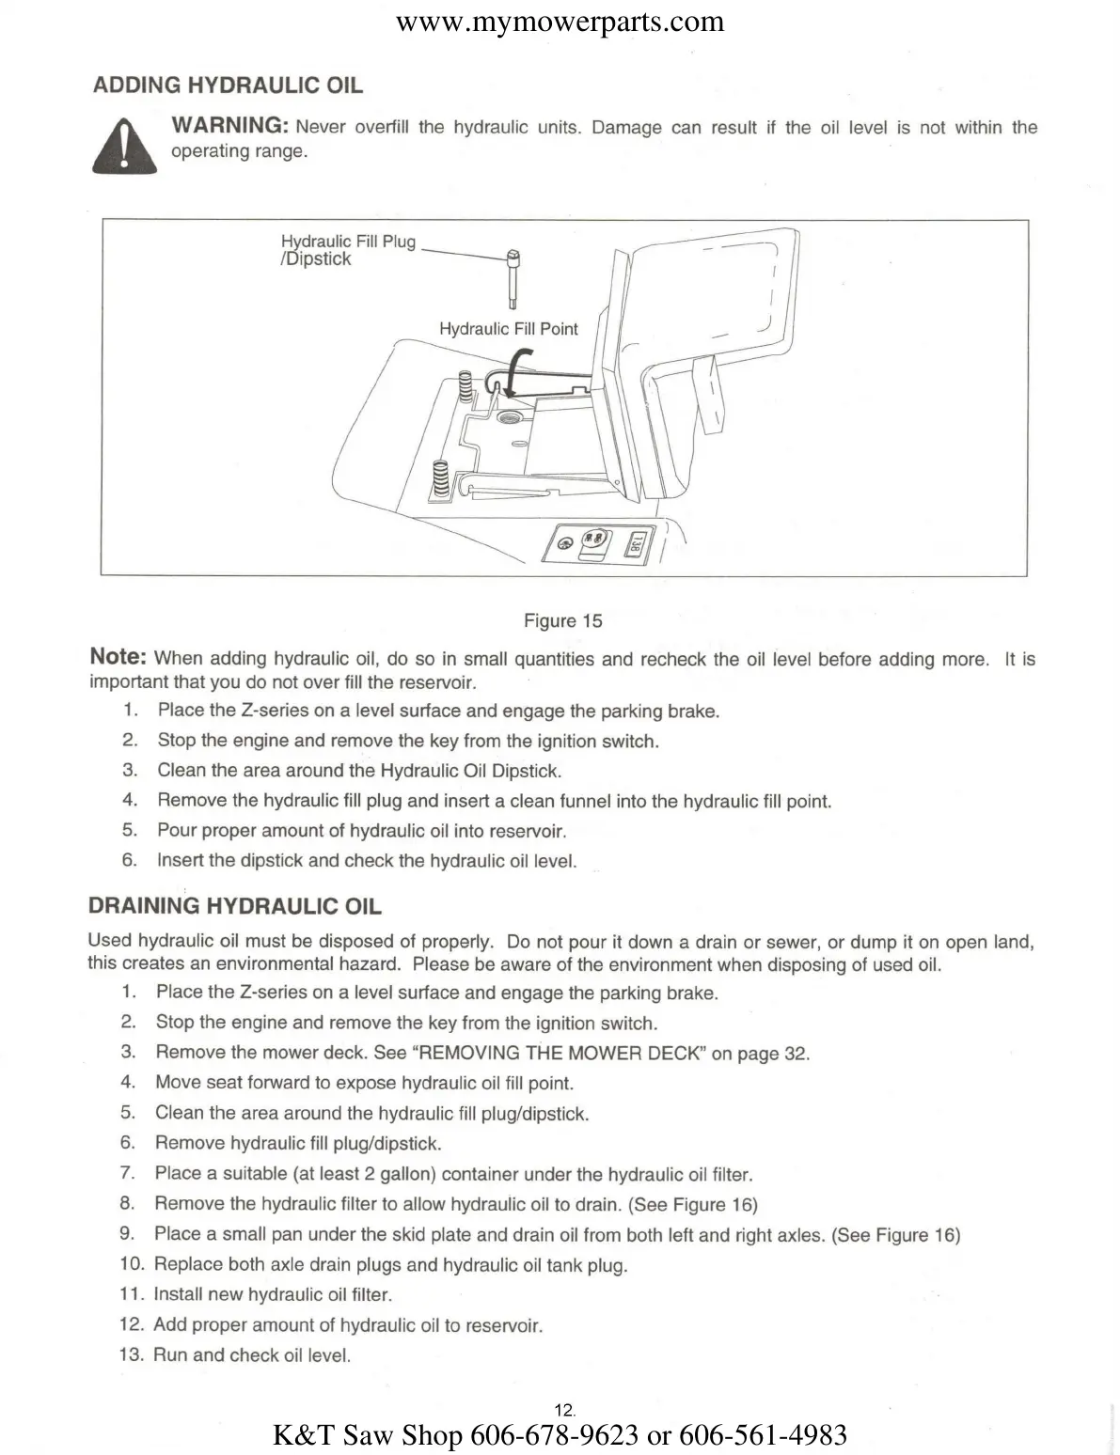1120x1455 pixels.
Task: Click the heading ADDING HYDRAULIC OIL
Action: coord(228,86)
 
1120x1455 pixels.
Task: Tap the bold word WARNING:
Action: coord(229,126)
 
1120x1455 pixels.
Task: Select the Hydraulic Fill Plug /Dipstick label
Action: coord(348,250)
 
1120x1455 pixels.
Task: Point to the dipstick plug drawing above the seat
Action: coord(513,278)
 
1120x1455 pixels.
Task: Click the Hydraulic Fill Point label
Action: coord(509,329)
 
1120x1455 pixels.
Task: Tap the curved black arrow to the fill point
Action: coord(516,372)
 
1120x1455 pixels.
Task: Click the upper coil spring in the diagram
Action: coord(464,385)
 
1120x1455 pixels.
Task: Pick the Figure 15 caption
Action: coord(562,620)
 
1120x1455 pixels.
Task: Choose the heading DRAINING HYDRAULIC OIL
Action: coord(234,907)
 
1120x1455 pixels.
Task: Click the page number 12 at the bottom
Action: coord(564,1410)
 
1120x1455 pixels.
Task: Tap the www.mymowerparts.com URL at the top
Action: coord(560,22)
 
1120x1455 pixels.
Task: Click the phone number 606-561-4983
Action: coord(763,1435)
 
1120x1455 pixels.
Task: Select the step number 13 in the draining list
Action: coord(132,1354)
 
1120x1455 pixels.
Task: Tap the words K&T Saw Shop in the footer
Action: coord(367,1435)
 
